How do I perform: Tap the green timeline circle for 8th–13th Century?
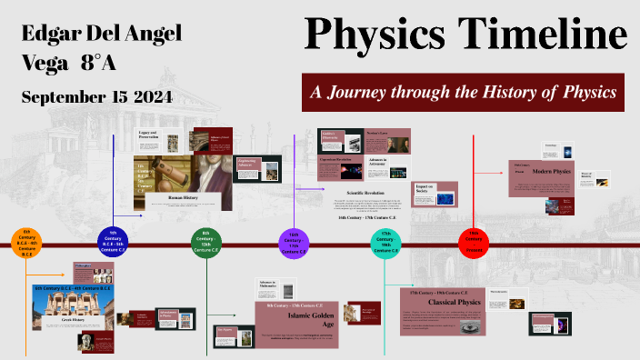pos(206,244)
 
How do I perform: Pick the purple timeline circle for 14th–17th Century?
pos(294,244)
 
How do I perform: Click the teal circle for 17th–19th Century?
pos(385,244)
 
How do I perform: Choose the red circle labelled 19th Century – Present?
pos(473,244)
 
